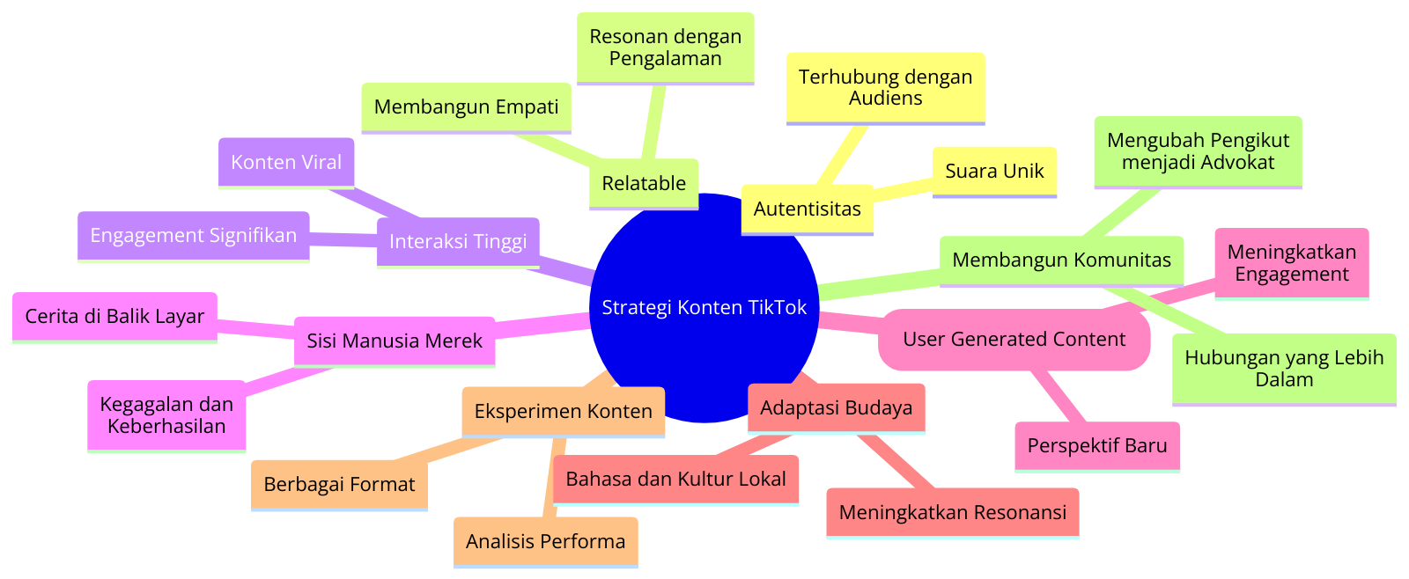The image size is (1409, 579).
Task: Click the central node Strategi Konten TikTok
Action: coord(704,307)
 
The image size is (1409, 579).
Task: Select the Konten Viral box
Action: coord(286,163)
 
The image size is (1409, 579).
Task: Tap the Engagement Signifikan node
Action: coord(193,236)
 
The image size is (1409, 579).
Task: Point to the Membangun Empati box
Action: coord(466,107)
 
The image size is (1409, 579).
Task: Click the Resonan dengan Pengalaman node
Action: coord(666,48)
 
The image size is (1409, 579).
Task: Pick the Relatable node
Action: coord(644,184)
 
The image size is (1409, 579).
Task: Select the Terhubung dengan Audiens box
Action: coord(886,88)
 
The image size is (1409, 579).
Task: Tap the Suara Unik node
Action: coord(994,172)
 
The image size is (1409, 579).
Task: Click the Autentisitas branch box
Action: coord(807,209)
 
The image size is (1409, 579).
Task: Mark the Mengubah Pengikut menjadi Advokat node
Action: coord(1199,151)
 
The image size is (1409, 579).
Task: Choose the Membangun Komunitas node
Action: coord(1062,260)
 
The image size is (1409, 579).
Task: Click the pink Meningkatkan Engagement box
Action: coord(1292,263)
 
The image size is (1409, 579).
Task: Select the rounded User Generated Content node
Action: coord(1014,340)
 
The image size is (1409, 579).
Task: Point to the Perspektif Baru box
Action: coord(1097,446)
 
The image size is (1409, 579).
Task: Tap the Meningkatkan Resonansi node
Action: coord(952,513)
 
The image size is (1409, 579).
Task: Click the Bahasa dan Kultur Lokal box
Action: coord(675,480)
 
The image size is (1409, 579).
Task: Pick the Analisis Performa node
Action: coord(545,542)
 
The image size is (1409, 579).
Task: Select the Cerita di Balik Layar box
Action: coord(114,317)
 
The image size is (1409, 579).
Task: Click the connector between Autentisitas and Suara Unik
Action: coord(903,188)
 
